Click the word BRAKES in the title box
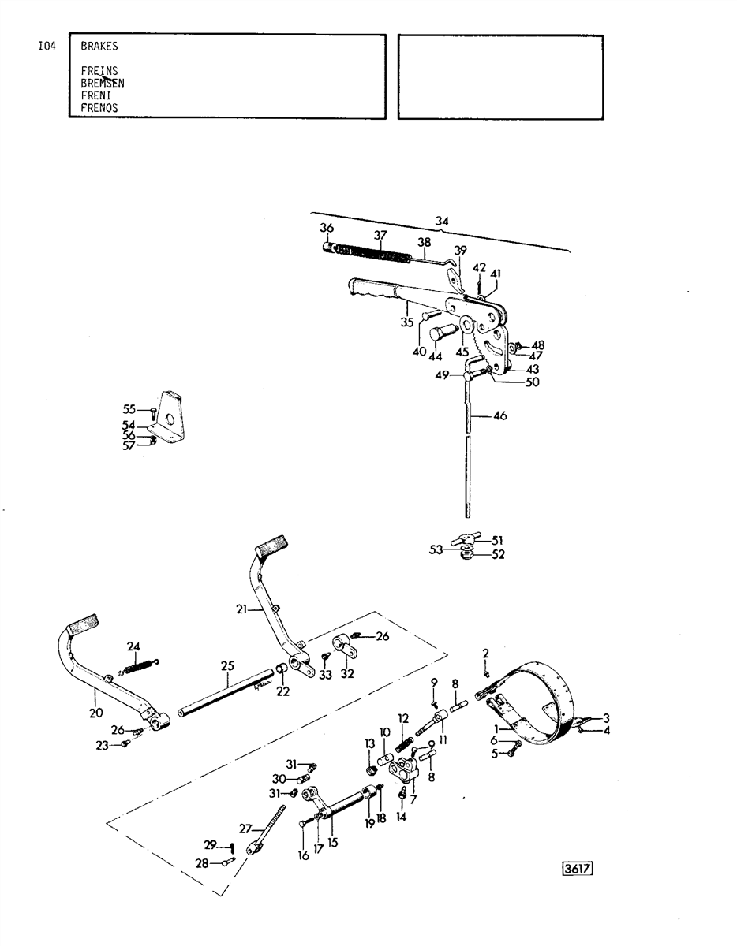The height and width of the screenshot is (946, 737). (x=99, y=46)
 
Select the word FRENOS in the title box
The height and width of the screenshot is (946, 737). (x=99, y=107)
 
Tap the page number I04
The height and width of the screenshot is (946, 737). (x=47, y=46)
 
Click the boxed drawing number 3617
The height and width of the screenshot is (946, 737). (x=577, y=869)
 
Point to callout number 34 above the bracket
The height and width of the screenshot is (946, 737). (x=442, y=221)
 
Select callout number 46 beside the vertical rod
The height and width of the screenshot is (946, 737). (x=500, y=415)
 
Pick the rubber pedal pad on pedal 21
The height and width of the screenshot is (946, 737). (x=271, y=545)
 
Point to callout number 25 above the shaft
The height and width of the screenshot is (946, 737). (x=227, y=665)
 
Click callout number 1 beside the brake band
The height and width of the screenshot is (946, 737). (x=496, y=728)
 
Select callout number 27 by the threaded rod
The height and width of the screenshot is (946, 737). (x=245, y=829)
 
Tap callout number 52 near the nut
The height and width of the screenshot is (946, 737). (x=498, y=554)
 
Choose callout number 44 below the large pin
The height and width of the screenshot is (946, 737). (x=435, y=356)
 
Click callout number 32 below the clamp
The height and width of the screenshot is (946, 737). (x=347, y=673)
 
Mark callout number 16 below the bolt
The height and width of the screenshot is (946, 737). (x=304, y=855)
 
